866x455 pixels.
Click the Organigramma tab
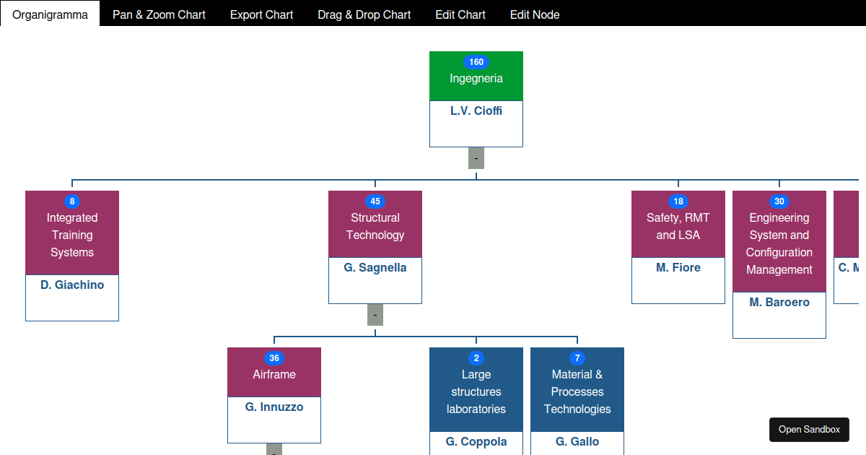tap(50, 14)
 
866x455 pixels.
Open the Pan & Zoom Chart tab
tap(159, 14)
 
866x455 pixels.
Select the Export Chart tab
tap(261, 14)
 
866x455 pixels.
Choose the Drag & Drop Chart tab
tap(364, 14)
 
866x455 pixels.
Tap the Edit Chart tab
tap(460, 14)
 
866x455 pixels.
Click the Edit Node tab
tap(535, 14)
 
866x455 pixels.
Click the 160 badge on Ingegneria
tap(476, 62)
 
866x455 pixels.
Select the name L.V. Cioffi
tap(476, 111)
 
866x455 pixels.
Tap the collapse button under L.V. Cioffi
tap(476, 158)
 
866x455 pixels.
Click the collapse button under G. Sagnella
tap(375, 315)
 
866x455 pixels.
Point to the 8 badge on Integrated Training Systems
tap(72, 201)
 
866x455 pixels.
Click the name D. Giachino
tap(72, 285)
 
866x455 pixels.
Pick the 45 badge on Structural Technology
tap(375, 201)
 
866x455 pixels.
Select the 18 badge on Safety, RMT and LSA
tap(678, 201)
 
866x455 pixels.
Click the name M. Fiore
tap(678, 268)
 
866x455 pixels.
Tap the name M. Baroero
tap(779, 303)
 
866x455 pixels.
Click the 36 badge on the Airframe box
tap(274, 358)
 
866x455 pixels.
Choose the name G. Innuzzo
tap(274, 407)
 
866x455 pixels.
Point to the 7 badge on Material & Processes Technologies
tap(577, 358)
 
